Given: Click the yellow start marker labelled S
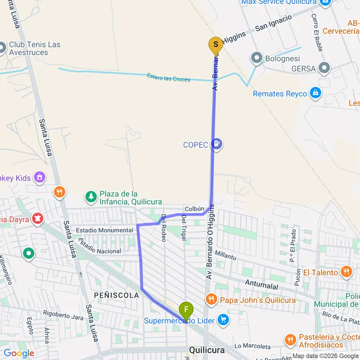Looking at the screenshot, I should [216, 46].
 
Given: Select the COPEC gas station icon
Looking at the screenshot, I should [217, 144].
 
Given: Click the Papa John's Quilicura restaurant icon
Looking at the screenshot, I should [211, 300].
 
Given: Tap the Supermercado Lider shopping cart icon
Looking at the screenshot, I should [223, 319].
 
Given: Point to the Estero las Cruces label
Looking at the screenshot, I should [168, 78].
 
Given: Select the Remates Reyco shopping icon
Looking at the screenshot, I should [315, 93].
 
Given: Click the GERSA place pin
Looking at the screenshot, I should [325, 68].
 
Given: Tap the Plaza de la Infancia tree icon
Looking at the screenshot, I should [91, 196].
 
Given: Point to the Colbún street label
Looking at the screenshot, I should [195, 209].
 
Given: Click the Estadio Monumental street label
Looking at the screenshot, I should [105, 230].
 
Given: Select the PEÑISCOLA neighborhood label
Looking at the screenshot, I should [117, 295].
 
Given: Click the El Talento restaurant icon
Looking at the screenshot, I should [346, 272].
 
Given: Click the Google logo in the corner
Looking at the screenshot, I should [19, 353].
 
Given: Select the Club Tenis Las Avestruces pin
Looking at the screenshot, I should [2, 48].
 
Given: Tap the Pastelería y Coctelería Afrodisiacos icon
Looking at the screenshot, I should [290, 340].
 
